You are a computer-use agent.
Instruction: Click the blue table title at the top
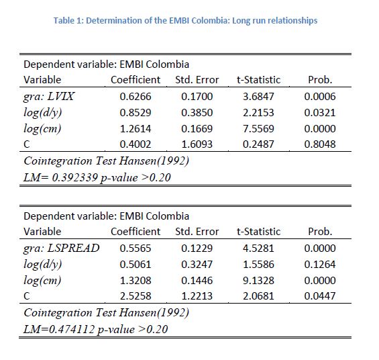[x=185, y=21]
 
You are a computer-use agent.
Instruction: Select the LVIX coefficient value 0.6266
[x=136, y=97]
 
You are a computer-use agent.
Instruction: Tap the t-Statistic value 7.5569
[x=258, y=128]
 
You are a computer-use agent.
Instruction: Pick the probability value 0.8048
[x=320, y=144]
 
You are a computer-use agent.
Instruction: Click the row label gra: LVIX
[x=49, y=97]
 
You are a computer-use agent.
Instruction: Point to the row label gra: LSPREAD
[x=62, y=249]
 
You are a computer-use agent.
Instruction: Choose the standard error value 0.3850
[x=197, y=113]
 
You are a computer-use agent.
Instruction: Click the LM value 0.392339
[x=75, y=177]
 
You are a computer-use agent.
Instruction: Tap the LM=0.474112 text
[x=59, y=329]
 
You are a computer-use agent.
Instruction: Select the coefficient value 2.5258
[x=136, y=296]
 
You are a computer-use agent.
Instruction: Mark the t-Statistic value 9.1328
[x=258, y=280]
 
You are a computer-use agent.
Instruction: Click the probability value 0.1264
[x=320, y=264]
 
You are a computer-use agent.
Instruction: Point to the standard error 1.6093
[x=197, y=144]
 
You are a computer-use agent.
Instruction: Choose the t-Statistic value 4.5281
[x=258, y=249]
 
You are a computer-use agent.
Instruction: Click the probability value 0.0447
[x=320, y=296]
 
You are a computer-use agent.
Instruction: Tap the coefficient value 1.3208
[x=136, y=280]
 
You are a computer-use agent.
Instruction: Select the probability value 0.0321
[x=320, y=113]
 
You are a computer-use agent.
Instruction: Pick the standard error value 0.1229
[x=197, y=249]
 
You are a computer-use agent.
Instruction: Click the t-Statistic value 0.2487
[x=258, y=144]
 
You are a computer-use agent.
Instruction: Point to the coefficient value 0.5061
[x=136, y=264]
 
